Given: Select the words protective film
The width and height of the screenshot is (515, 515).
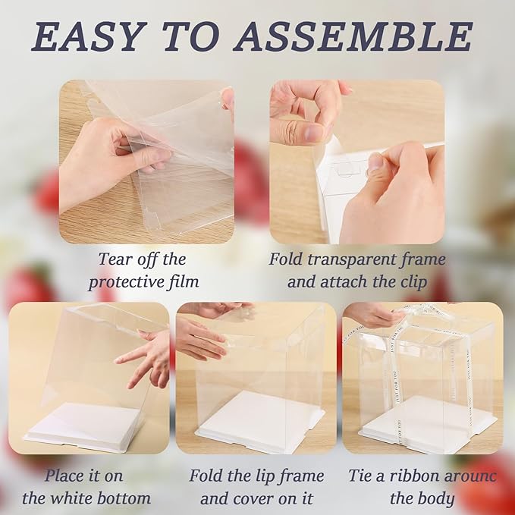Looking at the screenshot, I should click(143, 283).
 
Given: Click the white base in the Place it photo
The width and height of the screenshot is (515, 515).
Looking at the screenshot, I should click(83, 429).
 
